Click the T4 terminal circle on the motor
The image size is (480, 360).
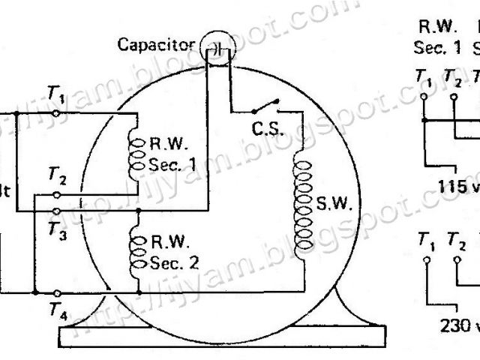click(x=58, y=291)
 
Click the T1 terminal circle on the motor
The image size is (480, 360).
click(x=58, y=114)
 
